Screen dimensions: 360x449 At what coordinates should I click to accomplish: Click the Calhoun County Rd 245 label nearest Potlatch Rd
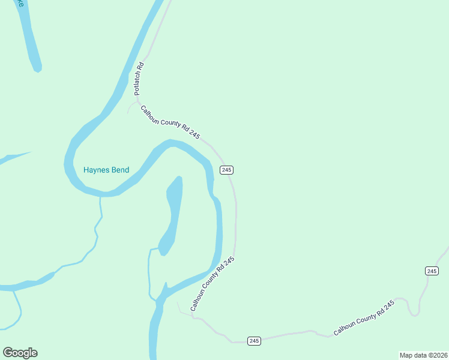click(170, 122)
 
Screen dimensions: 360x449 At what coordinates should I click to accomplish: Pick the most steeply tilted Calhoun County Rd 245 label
click(212, 284)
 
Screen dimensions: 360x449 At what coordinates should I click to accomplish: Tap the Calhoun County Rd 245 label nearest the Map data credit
click(364, 317)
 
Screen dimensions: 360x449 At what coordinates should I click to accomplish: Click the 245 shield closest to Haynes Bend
click(226, 170)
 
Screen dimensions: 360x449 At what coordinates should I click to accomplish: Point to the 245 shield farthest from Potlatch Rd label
click(432, 271)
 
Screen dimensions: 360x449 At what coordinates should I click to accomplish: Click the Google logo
click(20, 353)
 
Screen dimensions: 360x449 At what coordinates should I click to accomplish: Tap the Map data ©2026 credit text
click(423, 355)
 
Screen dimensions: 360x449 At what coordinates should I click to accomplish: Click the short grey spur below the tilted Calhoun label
click(179, 307)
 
